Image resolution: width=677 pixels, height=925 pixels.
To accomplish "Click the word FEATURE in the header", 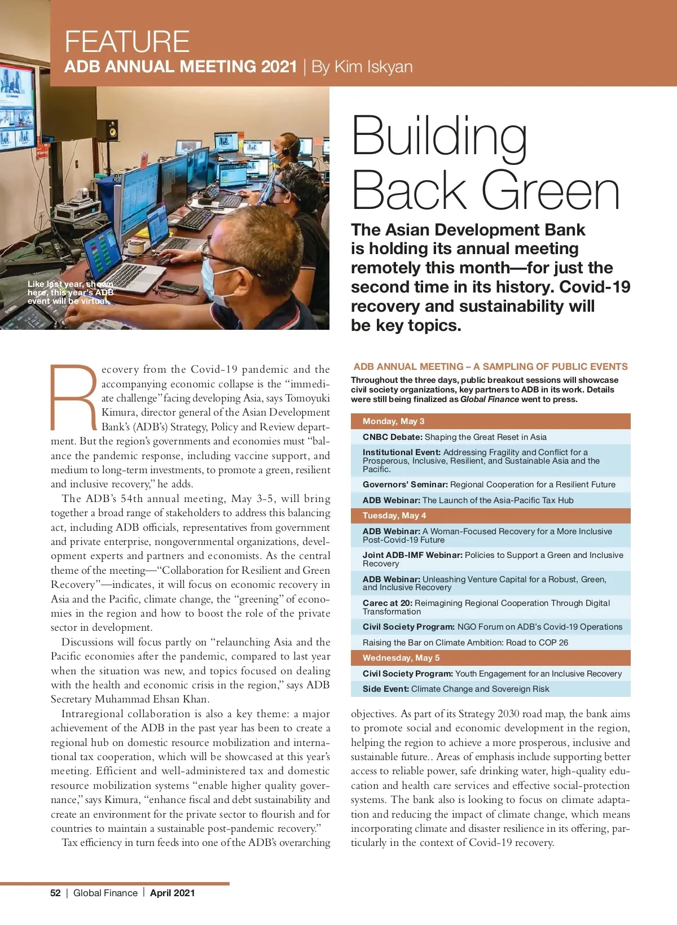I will point(127,41).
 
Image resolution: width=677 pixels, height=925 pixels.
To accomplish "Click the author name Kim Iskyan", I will point(373,67).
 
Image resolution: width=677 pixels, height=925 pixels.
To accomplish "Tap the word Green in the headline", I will point(551,191).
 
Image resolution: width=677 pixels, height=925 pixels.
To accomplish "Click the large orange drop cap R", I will point(74,396).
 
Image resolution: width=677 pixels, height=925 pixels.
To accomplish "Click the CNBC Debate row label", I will point(393,437).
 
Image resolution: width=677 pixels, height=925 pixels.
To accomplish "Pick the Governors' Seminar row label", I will point(405,485).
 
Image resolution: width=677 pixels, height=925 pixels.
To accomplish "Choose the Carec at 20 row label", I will point(388,603).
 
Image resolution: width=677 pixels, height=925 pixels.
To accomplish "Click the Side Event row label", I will point(386,689).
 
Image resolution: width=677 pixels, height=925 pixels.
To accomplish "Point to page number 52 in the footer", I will point(55,893).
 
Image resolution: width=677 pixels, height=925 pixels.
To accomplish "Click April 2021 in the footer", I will point(172,893).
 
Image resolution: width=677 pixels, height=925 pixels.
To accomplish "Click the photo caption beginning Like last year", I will point(70,293).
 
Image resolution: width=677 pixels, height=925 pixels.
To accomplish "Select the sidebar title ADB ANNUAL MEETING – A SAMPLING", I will point(490,366).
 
